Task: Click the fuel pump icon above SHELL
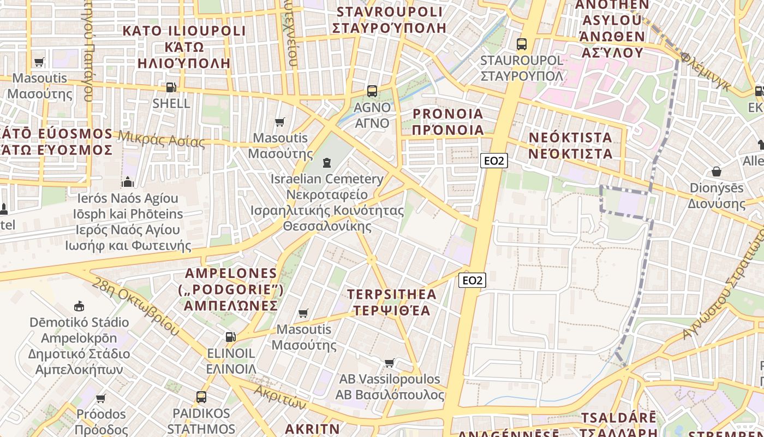coord(171,87)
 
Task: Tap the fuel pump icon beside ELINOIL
coord(231,337)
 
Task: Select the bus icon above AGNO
coord(372,91)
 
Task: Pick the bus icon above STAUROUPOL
coord(522,44)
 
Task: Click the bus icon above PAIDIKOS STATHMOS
coord(201,397)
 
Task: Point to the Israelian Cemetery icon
coord(327,163)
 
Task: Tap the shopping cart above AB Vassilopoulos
coord(390,363)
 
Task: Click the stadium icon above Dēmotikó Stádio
coord(79,306)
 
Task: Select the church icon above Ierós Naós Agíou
coord(128,182)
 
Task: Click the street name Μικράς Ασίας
coord(162,140)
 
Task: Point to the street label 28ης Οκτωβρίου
coord(135,306)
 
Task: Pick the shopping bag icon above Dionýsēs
coord(716,172)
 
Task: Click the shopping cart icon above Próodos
coord(100,398)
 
